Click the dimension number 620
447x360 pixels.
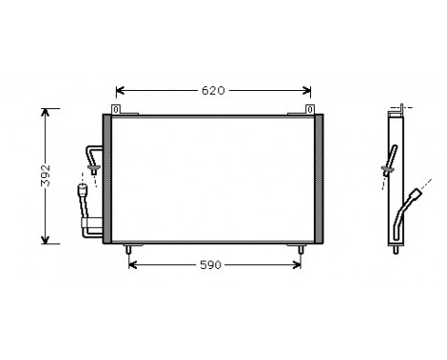pyautogui.click(x=212, y=91)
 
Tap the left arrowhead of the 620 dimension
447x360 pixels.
pyautogui.click(x=120, y=91)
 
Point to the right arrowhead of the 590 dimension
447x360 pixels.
pyautogui.click(x=299, y=264)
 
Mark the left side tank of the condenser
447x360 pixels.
pyautogui.click(x=107, y=177)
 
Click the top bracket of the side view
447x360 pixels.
pyautogui.click(x=396, y=110)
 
